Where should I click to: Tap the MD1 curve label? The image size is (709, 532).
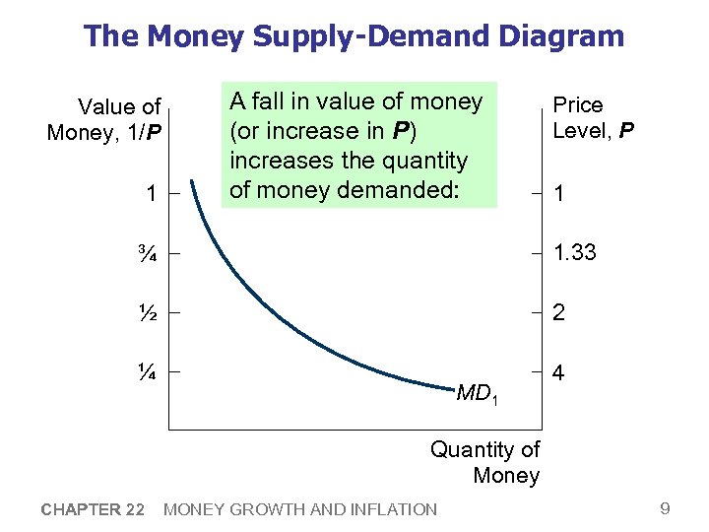(x=478, y=394)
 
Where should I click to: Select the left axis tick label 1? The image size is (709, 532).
(x=150, y=195)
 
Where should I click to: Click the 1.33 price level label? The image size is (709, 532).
(x=574, y=254)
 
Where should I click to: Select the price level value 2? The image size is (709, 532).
(x=558, y=313)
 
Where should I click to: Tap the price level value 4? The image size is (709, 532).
(x=558, y=375)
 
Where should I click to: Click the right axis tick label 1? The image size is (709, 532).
(x=558, y=195)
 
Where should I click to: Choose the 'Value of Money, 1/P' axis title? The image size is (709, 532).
(x=104, y=119)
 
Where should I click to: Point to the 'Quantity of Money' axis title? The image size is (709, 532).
(x=485, y=462)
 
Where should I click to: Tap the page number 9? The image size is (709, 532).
(x=665, y=508)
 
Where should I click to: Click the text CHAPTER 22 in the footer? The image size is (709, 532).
(x=94, y=509)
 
